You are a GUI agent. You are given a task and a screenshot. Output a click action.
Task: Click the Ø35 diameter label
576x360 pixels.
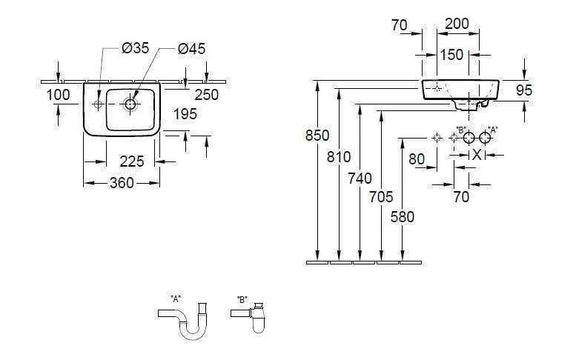pos(136,48)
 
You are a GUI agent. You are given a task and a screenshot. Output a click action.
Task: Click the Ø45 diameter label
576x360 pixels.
pos(191,48)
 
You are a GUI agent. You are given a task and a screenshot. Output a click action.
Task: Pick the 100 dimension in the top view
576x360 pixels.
pos(57,94)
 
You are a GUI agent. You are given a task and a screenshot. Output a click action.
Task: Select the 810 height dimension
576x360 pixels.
pos(337,157)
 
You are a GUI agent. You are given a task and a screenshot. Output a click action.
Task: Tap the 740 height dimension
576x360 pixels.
pos(359,177)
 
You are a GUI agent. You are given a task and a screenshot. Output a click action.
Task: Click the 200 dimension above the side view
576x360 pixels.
pos(457,24)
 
